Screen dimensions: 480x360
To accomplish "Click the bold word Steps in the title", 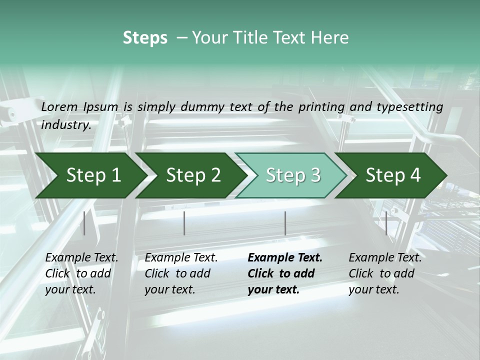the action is [x=145, y=38].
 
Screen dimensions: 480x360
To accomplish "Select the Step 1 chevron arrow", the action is [x=91, y=175].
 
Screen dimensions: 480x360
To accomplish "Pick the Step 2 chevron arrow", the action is [x=191, y=175].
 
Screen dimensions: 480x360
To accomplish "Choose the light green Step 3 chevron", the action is [x=291, y=175].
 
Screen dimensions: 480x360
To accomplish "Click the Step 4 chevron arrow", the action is [x=391, y=175].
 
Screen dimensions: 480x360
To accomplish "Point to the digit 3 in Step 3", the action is [x=315, y=175].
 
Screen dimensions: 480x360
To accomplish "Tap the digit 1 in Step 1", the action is [x=116, y=175].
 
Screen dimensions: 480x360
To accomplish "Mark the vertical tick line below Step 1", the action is [x=84, y=223].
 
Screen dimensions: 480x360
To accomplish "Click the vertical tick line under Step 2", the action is [x=184, y=223].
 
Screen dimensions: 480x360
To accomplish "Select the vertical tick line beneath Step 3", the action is [x=285, y=223].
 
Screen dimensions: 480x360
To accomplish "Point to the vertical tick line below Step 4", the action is [x=386, y=223].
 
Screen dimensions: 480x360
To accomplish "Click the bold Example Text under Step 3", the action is [x=285, y=258].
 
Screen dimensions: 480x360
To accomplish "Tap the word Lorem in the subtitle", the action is [x=59, y=107].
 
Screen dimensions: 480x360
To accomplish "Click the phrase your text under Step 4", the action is [x=374, y=289].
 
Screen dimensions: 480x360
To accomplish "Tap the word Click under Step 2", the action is [x=157, y=273].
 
